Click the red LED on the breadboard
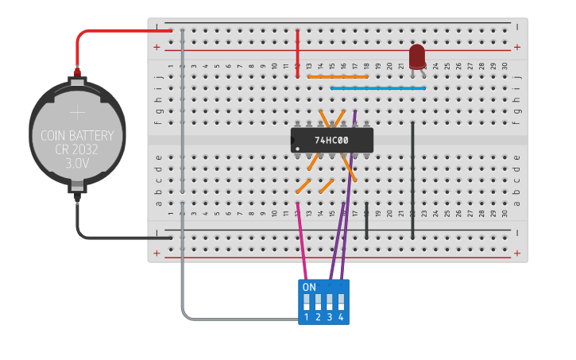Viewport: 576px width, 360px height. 416,56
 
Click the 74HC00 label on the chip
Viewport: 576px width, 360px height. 331,141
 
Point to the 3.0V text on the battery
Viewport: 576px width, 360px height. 77,163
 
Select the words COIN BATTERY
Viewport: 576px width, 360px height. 77,136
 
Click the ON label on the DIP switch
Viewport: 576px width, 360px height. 309,287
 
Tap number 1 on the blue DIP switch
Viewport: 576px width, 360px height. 306,317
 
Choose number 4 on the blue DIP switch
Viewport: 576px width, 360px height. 341,317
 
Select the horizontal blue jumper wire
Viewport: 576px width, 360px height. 377,88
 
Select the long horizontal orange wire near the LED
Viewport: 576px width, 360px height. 338,77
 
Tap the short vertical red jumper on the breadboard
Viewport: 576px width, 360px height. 297,54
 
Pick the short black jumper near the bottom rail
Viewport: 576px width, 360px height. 366,223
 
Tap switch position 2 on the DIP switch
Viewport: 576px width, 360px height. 318,317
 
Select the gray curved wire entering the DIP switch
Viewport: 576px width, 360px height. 238,319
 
